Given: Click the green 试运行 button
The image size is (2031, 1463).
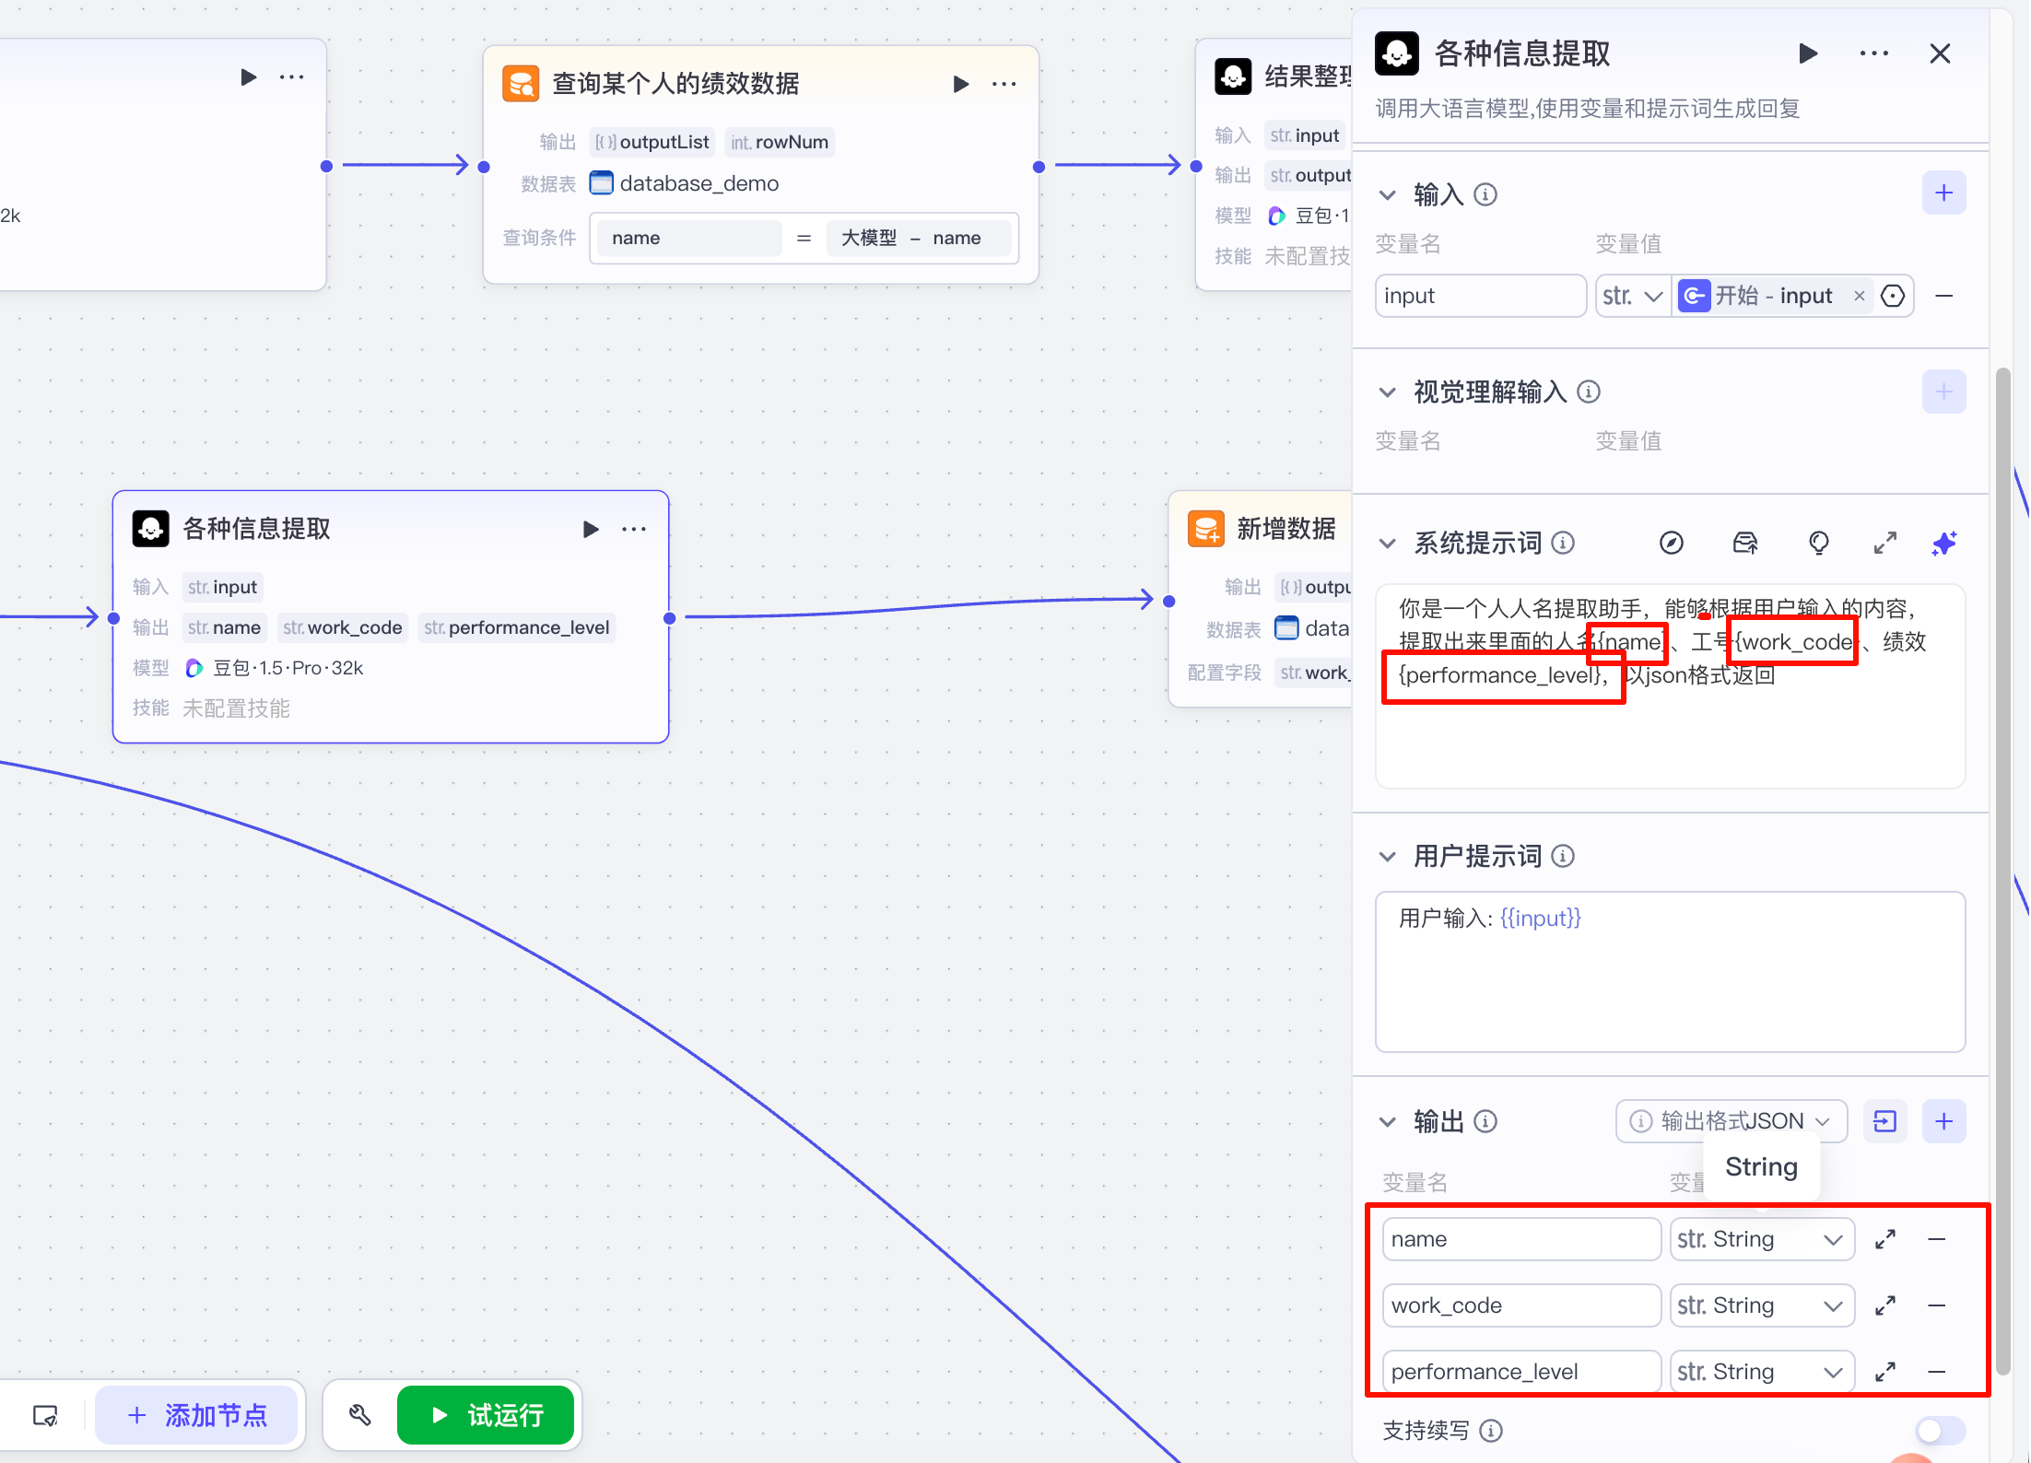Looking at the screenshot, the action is coord(486,1414).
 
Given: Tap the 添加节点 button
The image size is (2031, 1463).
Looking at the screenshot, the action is coord(196,1414).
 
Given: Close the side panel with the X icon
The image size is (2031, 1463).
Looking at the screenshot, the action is coord(1940,54).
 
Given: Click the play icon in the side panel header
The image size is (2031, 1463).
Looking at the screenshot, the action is coord(1808,53).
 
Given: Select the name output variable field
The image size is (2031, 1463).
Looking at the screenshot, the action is coord(1521,1239).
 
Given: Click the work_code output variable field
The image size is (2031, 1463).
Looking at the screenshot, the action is coord(1521,1305).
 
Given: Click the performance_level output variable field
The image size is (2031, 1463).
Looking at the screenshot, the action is coord(1521,1372).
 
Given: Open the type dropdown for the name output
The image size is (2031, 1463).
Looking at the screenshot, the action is coord(1762,1239).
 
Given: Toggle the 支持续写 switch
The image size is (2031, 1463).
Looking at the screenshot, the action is coord(1940,1431).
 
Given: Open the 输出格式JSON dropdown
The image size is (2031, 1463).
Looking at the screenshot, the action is coord(1731,1121).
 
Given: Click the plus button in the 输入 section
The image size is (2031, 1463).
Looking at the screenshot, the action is coord(1943,193).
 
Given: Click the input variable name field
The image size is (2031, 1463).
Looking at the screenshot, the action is coord(1480,296).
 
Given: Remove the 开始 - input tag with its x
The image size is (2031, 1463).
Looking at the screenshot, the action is coord(1860,296).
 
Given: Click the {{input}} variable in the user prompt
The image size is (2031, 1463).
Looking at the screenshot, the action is coord(1540,918).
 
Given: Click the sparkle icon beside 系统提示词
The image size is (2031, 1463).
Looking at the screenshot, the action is coord(1943,544).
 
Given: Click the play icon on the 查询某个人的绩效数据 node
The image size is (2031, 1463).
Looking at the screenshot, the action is coord(960,84).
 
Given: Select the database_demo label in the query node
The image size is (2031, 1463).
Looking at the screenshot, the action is coord(699,183).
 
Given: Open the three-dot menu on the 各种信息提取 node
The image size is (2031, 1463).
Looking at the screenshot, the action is coord(634,529).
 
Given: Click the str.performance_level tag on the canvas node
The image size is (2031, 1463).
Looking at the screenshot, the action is coord(517,627).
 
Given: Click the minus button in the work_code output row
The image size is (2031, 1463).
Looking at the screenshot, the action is coord(1936,1305).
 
